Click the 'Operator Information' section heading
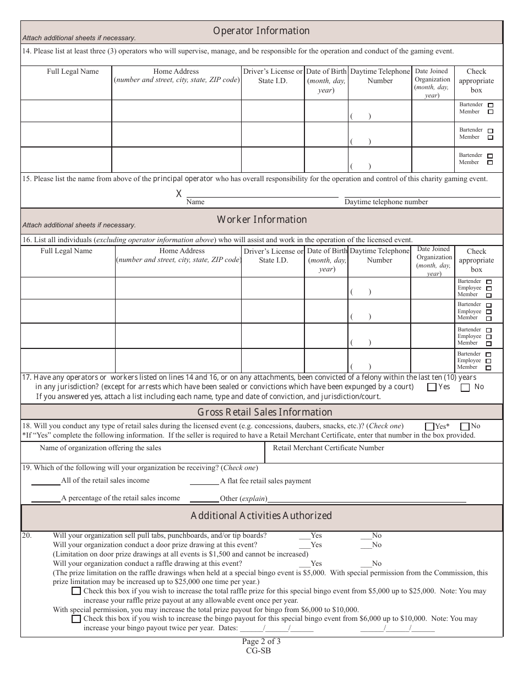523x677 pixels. tap(261, 31)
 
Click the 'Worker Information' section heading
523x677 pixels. tap(261, 220)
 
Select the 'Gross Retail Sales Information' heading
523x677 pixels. tap(265, 412)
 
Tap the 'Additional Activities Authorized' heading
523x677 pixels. tap(261, 516)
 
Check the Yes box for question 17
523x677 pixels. tap(432, 387)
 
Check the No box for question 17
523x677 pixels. tap(465, 387)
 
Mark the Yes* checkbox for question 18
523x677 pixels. tap(429, 426)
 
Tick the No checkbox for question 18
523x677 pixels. tap(464, 426)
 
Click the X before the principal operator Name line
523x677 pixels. tap(178, 194)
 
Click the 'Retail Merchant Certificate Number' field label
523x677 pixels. tap(329, 448)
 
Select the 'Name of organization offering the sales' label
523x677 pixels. tap(101, 448)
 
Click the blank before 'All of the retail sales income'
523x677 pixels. tap(46, 481)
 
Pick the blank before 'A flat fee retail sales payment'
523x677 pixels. tap(204, 481)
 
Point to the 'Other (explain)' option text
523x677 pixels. tap(243, 499)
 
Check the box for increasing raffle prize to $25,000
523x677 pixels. tap(76, 591)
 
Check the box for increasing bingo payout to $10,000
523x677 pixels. tap(76, 619)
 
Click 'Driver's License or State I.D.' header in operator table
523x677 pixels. tap(273, 76)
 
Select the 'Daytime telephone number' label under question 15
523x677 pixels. tap(386, 202)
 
